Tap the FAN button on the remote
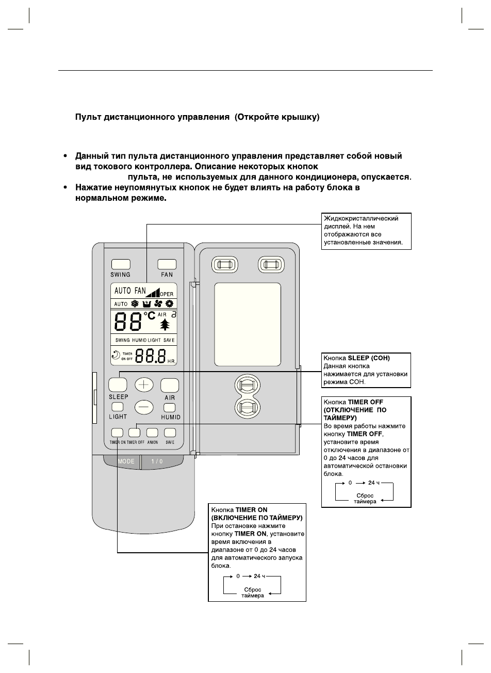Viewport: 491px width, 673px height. (x=167, y=264)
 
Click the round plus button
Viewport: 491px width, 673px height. (x=144, y=384)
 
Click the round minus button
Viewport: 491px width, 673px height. (x=144, y=407)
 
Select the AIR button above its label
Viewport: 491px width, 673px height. (x=170, y=385)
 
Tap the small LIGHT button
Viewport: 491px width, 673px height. (x=117, y=407)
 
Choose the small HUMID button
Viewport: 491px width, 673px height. (x=170, y=407)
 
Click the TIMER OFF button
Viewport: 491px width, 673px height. (x=135, y=432)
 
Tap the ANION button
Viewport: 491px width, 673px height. (x=152, y=432)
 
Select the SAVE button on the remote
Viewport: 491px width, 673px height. (x=170, y=432)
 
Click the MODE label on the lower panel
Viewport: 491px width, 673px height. (x=126, y=461)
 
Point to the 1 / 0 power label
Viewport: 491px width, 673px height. (x=157, y=461)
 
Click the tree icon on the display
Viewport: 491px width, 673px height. (x=165, y=325)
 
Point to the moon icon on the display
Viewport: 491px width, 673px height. (x=116, y=355)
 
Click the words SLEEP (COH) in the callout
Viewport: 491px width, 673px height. (x=369, y=358)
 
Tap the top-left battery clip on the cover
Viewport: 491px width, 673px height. (x=224, y=265)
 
